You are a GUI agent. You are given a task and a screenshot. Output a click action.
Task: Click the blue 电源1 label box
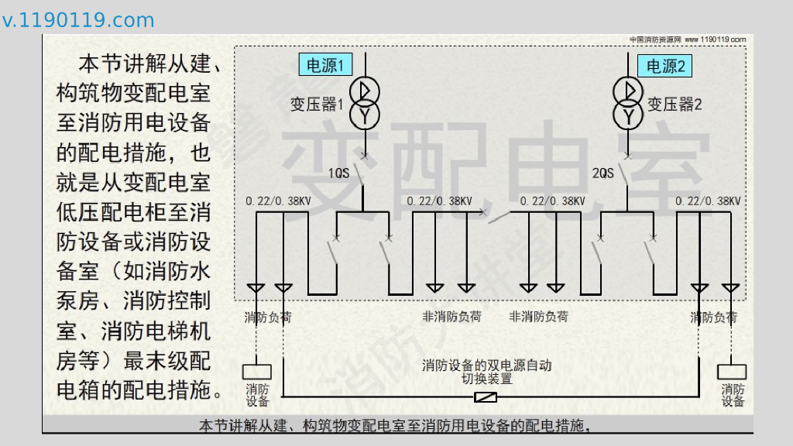pos(324,66)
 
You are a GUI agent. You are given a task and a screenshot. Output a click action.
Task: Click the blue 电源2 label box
pos(664,67)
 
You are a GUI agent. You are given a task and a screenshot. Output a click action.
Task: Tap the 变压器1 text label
pos(317,105)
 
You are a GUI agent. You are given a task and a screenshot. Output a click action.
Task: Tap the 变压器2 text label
pos(675,105)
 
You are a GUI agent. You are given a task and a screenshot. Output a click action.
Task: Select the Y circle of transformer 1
pos(364,115)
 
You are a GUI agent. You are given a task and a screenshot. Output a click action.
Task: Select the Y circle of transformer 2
pos(629,116)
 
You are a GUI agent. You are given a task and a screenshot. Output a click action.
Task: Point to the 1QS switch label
pos(339,173)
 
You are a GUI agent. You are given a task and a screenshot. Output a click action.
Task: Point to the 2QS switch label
pos(602,173)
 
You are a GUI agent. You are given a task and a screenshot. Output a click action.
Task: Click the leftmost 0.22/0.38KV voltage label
pos(279,201)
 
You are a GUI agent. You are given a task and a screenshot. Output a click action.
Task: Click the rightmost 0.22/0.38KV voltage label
pos(709,201)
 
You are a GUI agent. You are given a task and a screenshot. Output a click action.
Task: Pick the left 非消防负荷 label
pos(451,317)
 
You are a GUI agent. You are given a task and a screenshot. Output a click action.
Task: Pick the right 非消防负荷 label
pos(538,317)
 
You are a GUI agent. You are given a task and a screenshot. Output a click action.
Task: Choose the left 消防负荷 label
pos(268,317)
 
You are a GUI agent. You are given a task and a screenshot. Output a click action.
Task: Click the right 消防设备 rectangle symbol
pos(732,372)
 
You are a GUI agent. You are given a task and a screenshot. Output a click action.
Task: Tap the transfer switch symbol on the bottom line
pos(485,398)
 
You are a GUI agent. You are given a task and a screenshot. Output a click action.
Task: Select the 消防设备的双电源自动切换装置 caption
pos(487,372)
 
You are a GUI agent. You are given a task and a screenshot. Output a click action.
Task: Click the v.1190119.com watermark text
pos(78,20)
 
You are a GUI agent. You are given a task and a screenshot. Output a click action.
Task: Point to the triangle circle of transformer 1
pos(364,91)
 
